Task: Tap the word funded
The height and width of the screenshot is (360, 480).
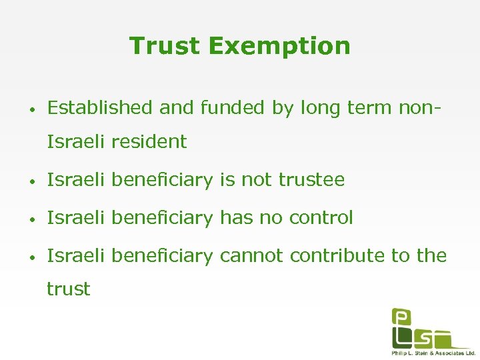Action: click(x=199, y=107)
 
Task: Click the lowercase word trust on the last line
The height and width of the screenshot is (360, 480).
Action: click(x=68, y=289)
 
